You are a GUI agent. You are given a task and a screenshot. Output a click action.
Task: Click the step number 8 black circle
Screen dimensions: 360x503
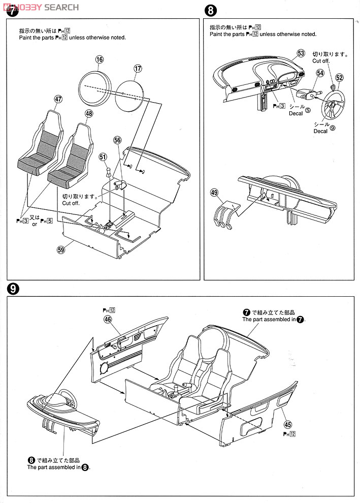click(x=210, y=10)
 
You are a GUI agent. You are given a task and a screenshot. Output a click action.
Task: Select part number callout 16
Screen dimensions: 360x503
click(x=100, y=59)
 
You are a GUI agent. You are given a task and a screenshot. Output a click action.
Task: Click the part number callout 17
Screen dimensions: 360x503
click(x=138, y=69)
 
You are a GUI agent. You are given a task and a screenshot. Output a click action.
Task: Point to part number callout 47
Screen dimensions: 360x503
click(x=58, y=99)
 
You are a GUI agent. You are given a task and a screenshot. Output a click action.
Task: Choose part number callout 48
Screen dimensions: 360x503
click(x=89, y=113)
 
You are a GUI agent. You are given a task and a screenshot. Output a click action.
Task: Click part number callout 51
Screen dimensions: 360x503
click(x=103, y=156)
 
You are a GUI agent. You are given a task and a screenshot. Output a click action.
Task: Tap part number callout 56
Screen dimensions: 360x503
click(x=117, y=140)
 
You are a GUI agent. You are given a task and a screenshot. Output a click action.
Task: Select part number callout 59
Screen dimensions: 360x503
click(x=61, y=249)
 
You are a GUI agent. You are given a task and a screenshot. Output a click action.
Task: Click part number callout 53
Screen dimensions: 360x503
click(x=301, y=53)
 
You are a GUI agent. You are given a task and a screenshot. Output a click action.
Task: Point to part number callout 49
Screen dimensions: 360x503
click(x=214, y=193)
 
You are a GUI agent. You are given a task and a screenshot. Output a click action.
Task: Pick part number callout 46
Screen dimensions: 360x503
click(x=108, y=319)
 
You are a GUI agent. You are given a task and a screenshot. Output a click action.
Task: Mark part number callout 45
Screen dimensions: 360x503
click(x=288, y=424)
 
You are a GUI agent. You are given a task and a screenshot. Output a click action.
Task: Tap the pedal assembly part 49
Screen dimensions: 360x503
click(x=226, y=214)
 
